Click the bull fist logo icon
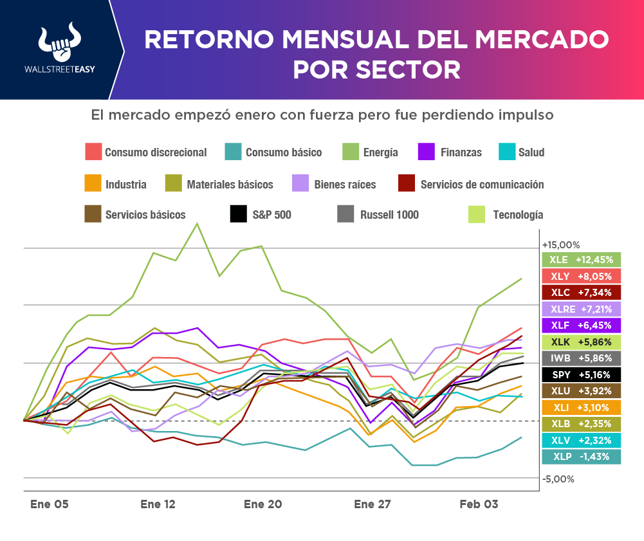(58, 43)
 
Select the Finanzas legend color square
(425, 152)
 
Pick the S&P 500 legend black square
(239, 214)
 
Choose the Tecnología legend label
(517, 215)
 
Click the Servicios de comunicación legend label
(481, 185)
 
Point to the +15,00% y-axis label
(561, 245)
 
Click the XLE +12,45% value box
(582, 260)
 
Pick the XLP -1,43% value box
(582, 456)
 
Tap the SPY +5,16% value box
(582, 374)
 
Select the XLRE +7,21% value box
(582, 309)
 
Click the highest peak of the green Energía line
(197, 223)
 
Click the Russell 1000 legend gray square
(346, 214)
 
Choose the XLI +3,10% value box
(582, 407)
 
